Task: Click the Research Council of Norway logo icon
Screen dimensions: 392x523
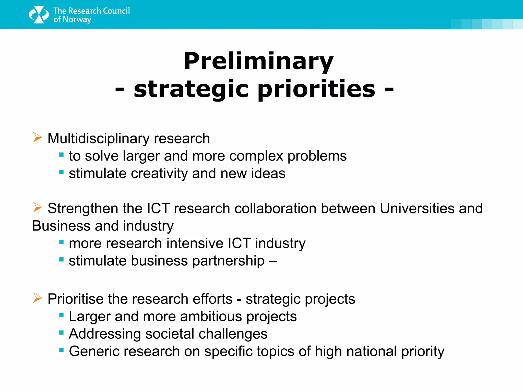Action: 39,15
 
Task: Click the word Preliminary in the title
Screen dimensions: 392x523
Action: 258,61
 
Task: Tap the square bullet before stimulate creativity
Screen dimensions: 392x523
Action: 61,172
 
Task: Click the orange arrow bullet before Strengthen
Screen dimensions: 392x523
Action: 37,207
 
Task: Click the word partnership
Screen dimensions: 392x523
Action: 228,261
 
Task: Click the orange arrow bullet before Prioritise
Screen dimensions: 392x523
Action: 37,298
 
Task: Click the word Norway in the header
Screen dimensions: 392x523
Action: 77,19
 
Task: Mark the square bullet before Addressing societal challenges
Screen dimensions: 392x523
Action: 61,333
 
